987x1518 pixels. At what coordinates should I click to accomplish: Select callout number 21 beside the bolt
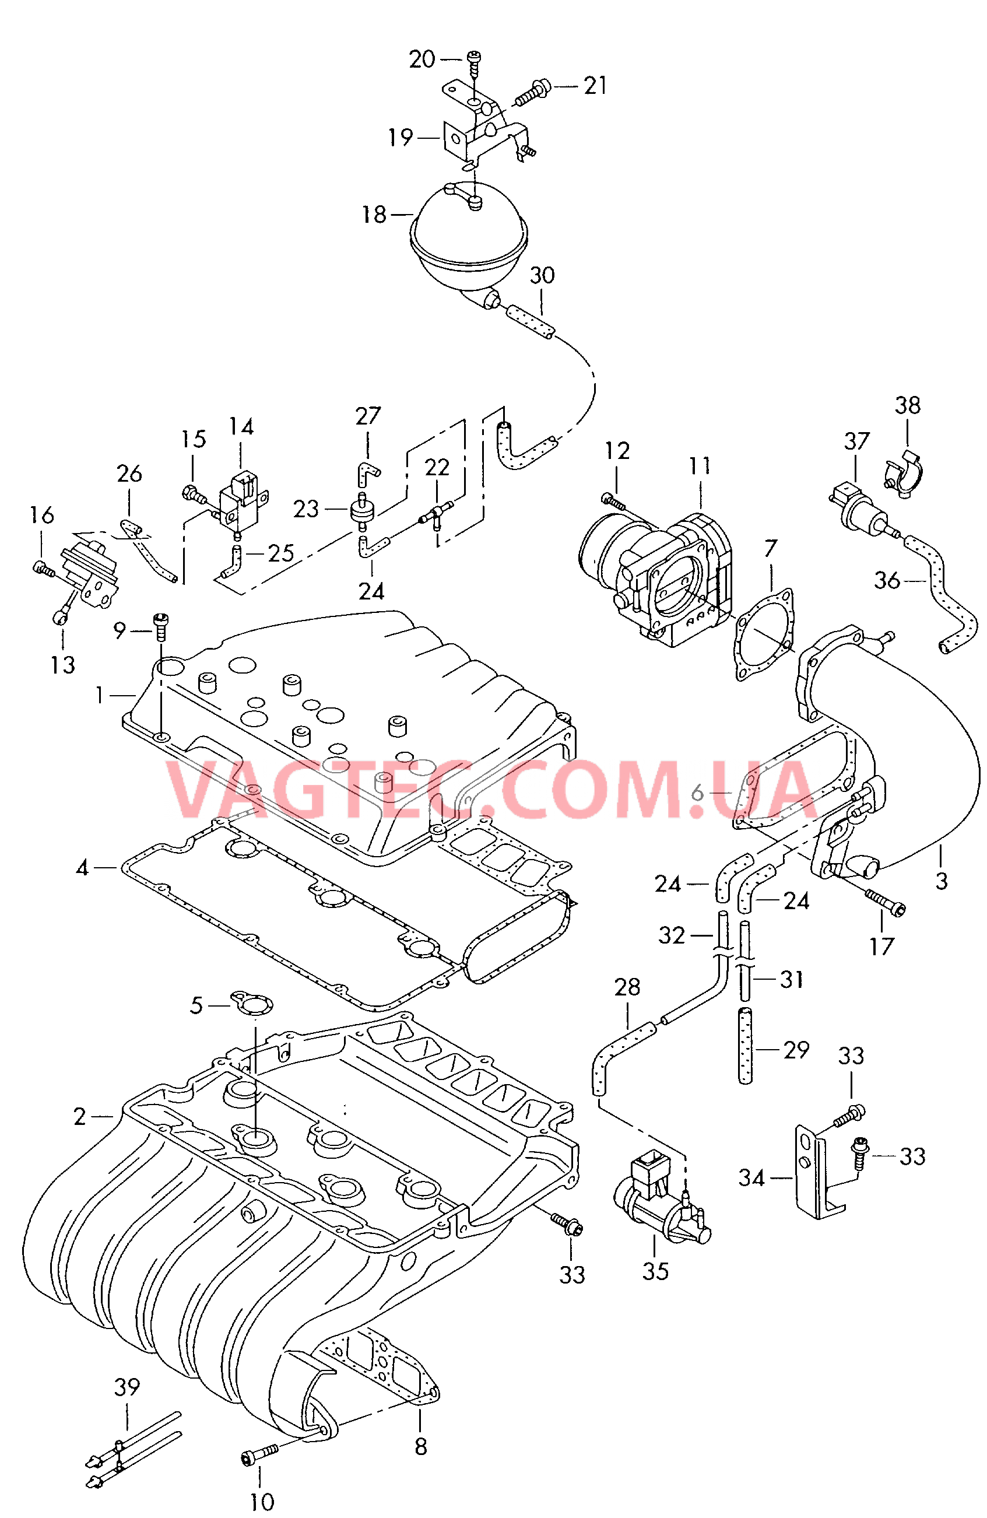595,86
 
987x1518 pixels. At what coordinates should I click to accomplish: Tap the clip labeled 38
904,478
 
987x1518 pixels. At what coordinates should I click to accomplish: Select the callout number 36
886,580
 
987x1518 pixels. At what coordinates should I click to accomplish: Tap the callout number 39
127,1387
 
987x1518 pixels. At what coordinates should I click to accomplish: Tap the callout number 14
241,427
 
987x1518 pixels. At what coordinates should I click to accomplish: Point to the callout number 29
796,1049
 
